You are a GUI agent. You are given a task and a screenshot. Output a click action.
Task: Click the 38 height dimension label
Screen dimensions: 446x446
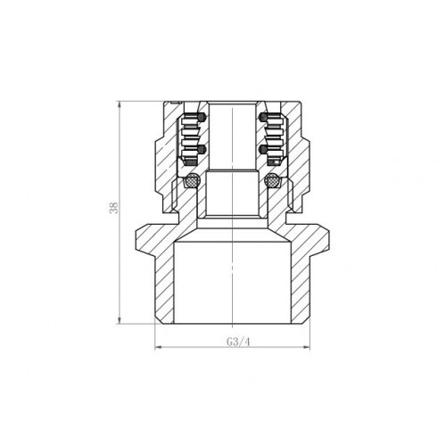tap(114, 208)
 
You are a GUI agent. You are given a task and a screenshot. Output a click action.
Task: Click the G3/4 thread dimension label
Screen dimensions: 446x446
tap(238, 342)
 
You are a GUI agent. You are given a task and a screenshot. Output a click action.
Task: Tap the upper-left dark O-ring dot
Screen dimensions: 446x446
tap(202, 118)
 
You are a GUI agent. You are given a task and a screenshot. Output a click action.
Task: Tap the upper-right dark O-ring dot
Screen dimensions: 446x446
tap(262, 118)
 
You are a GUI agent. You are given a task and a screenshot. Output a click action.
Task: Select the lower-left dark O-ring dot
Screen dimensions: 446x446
tap(202, 149)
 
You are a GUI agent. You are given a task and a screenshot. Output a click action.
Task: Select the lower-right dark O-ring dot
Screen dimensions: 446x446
tap(262, 149)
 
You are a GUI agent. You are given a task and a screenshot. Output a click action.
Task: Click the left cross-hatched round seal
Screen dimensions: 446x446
tap(191, 180)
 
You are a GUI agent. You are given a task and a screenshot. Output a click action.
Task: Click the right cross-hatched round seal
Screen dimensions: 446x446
tap(272, 180)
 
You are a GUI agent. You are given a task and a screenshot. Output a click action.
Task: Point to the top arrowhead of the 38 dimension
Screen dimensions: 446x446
tap(119, 105)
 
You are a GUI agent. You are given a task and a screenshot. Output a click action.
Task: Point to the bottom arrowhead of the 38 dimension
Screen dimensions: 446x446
tap(119, 320)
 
